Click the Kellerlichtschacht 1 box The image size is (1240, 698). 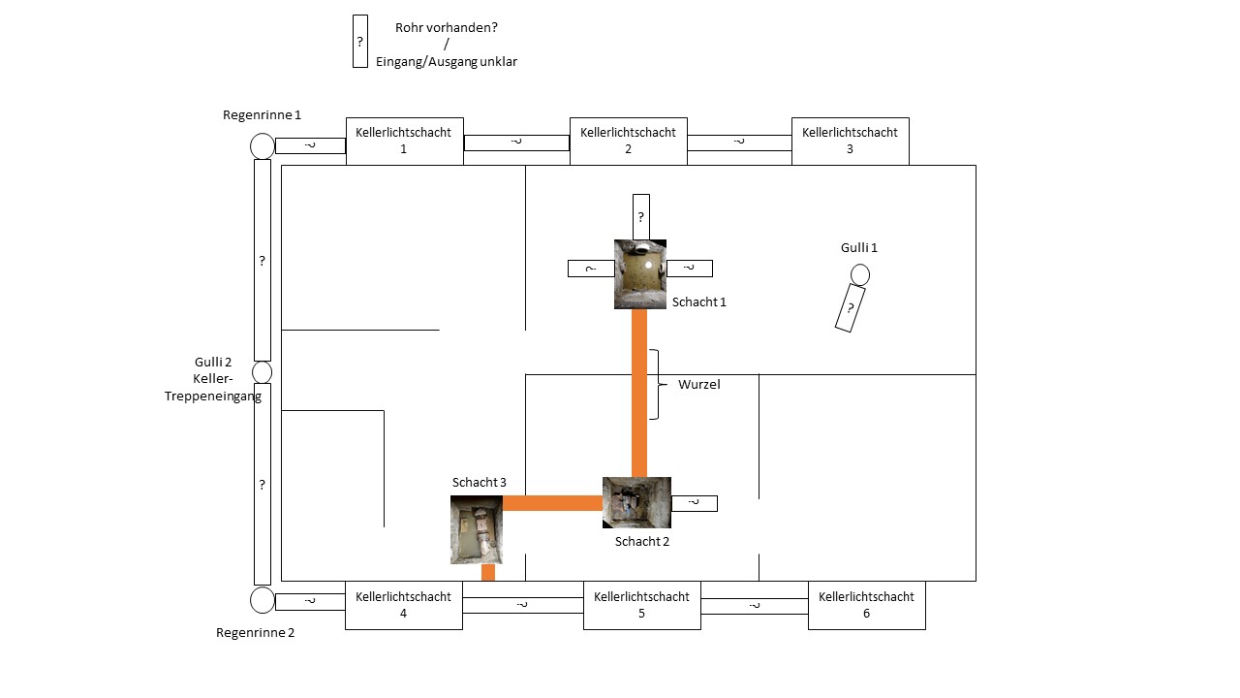404,141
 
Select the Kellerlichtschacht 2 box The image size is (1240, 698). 628,141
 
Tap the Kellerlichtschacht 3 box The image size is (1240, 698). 850,141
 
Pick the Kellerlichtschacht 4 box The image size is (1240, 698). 403,605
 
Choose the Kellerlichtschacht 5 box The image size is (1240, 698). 641,605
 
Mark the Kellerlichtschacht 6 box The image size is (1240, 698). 866,605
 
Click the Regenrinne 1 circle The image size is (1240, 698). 263,145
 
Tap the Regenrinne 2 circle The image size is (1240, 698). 263,600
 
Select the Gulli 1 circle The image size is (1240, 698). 859,275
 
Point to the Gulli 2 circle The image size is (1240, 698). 262,372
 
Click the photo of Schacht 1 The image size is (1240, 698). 640,274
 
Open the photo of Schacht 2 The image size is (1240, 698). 636,502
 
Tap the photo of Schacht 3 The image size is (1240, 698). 477,529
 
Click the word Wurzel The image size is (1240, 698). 698,384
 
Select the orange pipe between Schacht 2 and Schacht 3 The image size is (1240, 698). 552,502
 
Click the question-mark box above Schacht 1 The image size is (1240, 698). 640,216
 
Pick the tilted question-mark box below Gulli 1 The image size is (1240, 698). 850,308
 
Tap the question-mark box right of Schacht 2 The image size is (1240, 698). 694,503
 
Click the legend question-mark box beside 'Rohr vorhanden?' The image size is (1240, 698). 360,41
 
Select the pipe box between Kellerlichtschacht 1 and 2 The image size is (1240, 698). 516,143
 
